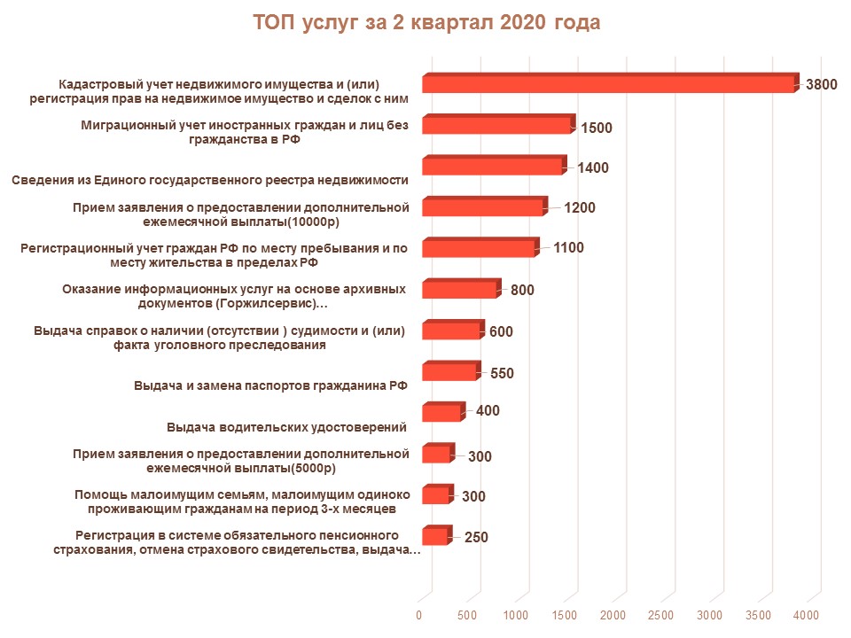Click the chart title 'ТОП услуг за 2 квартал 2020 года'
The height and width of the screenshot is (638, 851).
tap(426, 23)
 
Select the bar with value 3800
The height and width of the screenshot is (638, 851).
tap(608, 84)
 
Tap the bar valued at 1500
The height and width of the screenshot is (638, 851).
tap(496, 126)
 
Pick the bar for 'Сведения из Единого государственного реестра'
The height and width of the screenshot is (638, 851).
tap(492, 167)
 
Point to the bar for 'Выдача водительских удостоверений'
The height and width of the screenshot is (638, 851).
tap(441, 413)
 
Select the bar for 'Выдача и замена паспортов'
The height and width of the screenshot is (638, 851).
tap(449, 372)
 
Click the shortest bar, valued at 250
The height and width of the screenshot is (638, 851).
tap(434, 537)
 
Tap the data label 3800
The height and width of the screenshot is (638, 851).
tap(821, 85)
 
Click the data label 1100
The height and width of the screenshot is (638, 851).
tap(568, 248)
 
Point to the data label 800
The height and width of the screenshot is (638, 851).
tap(522, 290)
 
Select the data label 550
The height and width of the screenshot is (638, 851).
tap(502, 373)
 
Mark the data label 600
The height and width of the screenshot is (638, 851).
tap(501, 332)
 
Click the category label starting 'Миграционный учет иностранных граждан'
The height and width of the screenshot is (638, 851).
tap(245, 133)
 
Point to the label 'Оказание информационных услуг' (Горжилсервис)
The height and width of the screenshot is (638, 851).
tap(234, 296)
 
